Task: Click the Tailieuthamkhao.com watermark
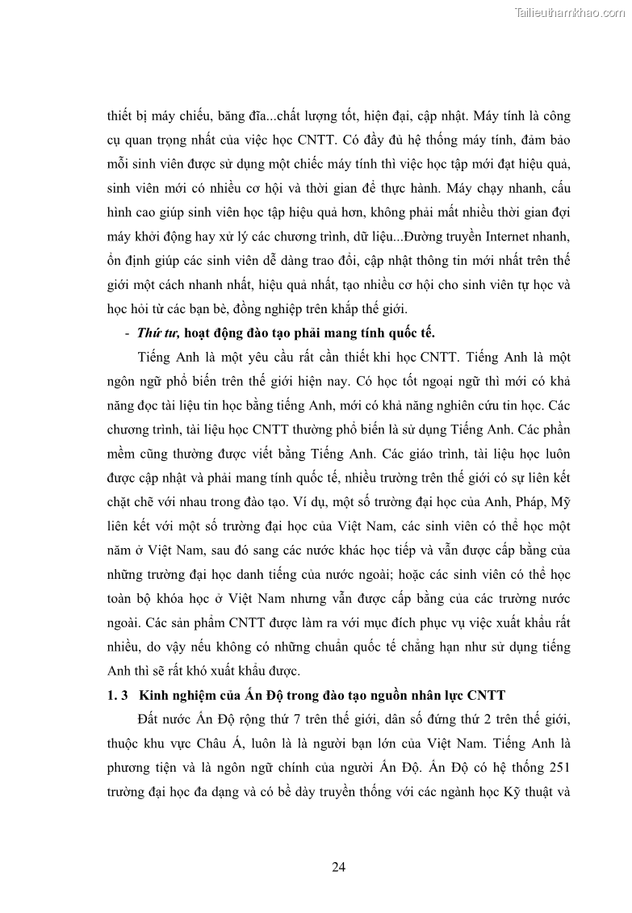coord(569,10)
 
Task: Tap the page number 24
coord(339,867)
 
